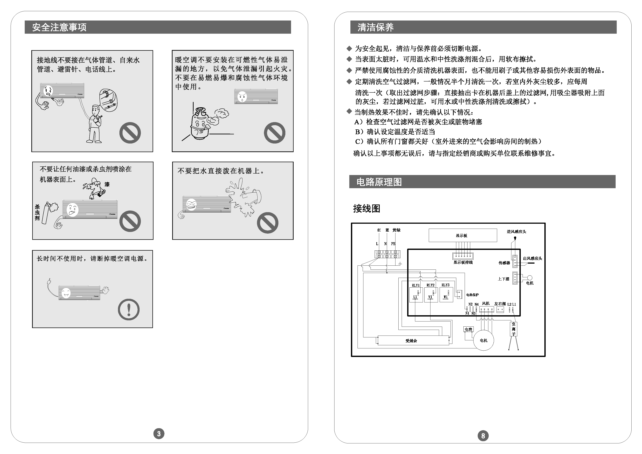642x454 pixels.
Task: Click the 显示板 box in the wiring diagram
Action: point(463,235)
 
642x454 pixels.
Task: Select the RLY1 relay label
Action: point(416,285)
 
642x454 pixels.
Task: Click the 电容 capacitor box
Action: point(468,329)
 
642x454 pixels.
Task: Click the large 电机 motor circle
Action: point(483,340)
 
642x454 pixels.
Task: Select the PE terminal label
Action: point(393,244)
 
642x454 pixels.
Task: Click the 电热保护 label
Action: point(472,295)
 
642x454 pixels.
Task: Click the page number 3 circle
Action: point(159,434)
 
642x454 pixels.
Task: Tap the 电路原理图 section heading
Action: point(379,182)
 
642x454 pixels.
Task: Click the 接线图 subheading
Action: point(367,209)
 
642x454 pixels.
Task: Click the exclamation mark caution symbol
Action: point(129,310)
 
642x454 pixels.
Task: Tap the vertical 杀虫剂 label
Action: point(37,213)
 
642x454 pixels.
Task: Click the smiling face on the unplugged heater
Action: point(66,293)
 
